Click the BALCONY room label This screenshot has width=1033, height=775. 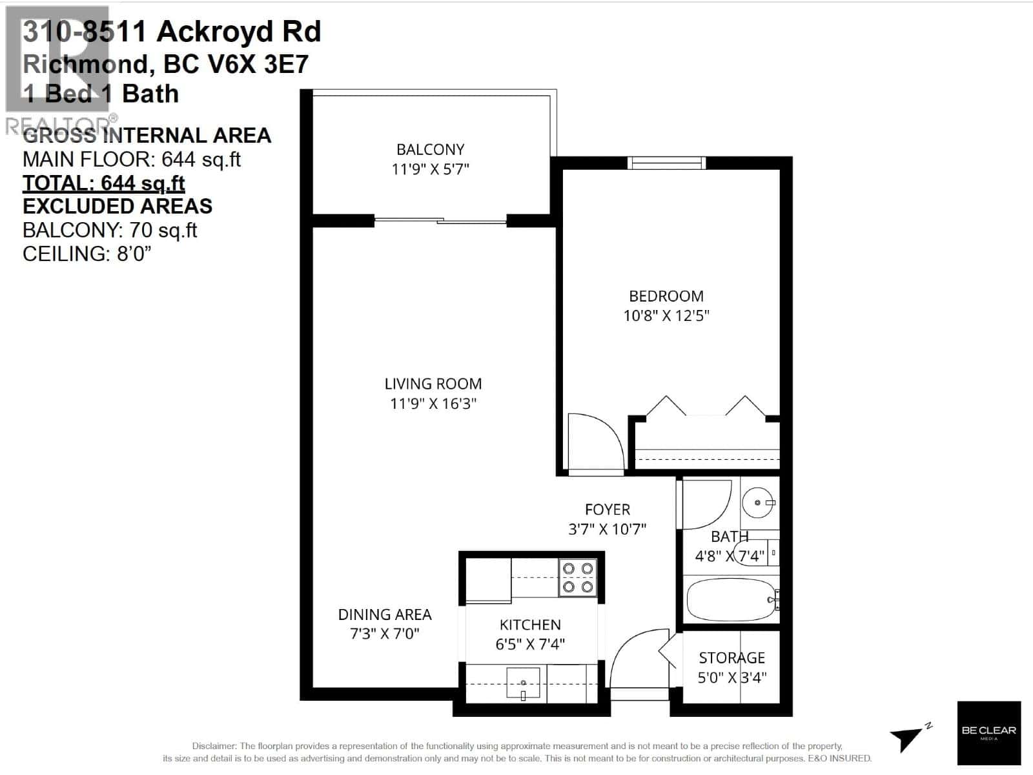[x=430, y=150]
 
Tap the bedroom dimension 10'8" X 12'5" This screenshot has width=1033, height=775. [x=666, y=316]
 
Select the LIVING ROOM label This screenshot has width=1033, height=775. [x=433, y=384]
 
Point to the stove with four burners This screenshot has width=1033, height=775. [x=578, y=577]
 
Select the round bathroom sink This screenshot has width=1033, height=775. [x=757, y=502]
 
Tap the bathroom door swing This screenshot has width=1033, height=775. [x=706, y=504]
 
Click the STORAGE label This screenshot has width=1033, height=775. [x=731, y=657]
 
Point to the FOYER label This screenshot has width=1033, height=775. [x=607, y=510]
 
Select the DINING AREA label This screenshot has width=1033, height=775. [x=385, y=615]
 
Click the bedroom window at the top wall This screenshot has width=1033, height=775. [x=666, y=163]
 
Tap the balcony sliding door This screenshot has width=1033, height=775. [x=440, y=221]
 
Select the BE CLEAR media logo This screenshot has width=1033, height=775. [x=988, y=732]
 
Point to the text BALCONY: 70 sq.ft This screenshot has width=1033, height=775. [x=110, y=231]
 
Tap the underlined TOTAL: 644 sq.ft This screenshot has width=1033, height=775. [x=104, y=183]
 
